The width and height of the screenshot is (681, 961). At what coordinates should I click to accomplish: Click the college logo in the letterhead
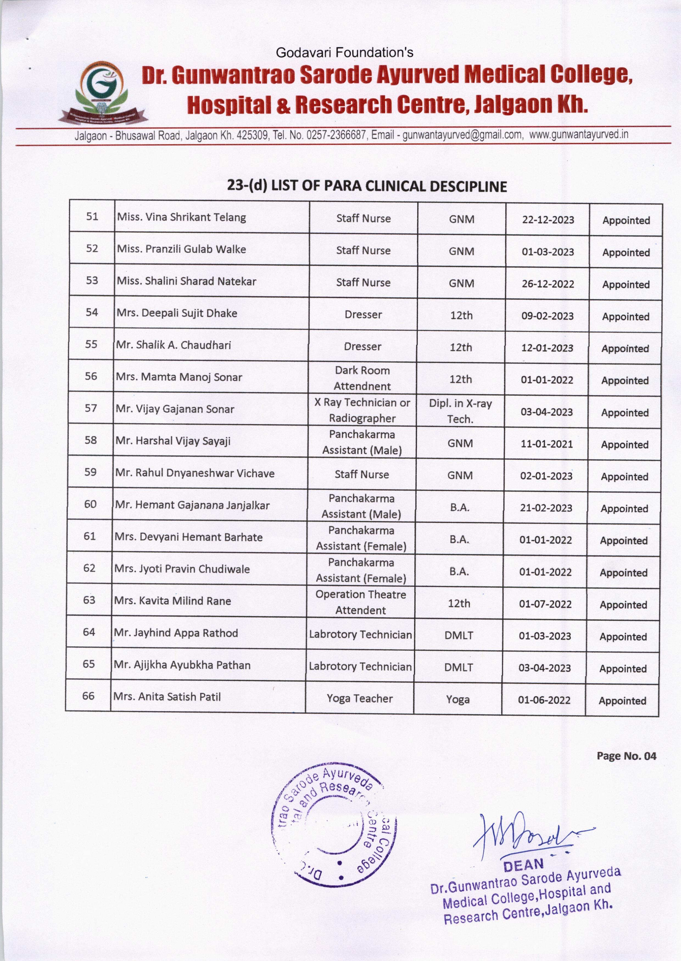[x=102, y=93]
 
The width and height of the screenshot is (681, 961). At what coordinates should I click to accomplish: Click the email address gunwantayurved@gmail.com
[x=462, y=135]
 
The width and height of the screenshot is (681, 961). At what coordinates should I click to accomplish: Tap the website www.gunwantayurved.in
[x=578, y=134]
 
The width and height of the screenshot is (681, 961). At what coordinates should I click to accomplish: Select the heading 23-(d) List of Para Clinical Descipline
[x=367, y=186]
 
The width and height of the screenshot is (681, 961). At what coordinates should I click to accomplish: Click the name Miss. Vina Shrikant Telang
[x=182, y=217]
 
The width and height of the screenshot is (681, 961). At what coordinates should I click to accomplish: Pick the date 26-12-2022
[x=548, y=284]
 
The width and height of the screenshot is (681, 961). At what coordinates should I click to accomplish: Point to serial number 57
[x=91, y=408]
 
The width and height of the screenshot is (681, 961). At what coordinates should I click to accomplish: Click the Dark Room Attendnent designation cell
[x=362, y=378]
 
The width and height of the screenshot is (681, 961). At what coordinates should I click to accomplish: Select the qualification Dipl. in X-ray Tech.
[x=460, y=411]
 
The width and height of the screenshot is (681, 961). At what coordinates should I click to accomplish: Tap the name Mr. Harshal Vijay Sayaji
[x=173, y=441]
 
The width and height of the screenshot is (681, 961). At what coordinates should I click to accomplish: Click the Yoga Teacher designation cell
[x=359, y=698]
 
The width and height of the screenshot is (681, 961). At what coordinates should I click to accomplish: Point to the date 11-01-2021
[x=546, y=444]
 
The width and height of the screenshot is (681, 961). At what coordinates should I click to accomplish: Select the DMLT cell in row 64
[x=459, y=635]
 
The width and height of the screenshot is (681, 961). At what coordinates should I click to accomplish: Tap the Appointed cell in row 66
[x=622, y=701]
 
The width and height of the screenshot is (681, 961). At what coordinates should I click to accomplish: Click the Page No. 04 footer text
[x=626, y=756]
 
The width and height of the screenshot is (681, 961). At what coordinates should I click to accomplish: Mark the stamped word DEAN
[x=523, y=865]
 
